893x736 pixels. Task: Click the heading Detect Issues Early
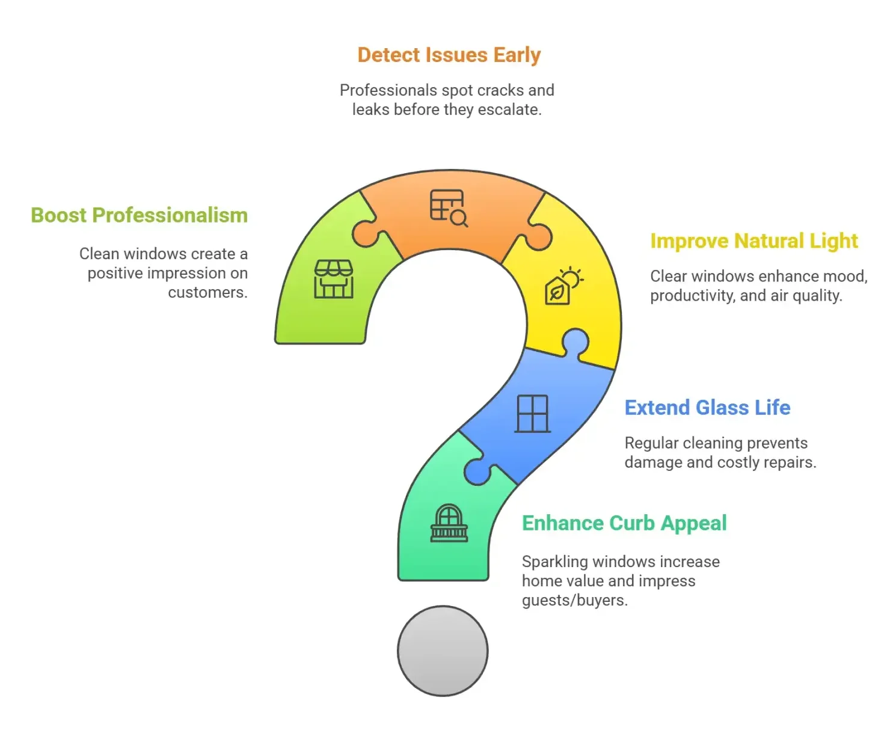coord(449,55)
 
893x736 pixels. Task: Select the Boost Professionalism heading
coord(139,215)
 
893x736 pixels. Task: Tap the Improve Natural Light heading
coord(753,241)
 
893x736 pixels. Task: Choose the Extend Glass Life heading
coord(707,408)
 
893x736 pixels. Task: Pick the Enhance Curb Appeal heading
coord(624,523)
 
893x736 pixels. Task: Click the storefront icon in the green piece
coord(334,279)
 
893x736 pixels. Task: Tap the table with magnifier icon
coord(449,208)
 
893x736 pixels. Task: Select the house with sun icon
coord(563,286)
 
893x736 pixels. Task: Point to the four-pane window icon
coord(533,414)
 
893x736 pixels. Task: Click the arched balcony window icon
coord(449,524)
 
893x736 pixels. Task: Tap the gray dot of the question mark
coord(443,651)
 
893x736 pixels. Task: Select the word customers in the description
coord(207,293)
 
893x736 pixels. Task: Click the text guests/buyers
coord(574,601)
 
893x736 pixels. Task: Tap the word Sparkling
coord(554,562)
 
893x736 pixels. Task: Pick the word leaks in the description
coord(370,109)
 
